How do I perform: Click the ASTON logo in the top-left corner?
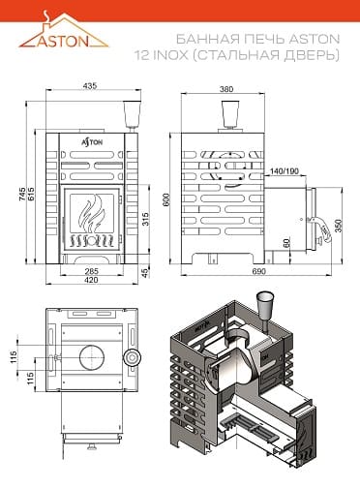pos(63,31)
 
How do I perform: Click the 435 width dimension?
pos(90,86)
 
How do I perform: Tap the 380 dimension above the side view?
pos(226,89)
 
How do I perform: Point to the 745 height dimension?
pos(22,194)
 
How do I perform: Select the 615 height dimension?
pos(31,194)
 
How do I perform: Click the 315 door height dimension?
pos(145,219)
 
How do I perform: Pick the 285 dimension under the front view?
pos(91,271)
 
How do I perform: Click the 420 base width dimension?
pos(91,280)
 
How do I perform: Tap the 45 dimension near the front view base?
pos(145,272)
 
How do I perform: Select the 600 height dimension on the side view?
pos(166,200)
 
